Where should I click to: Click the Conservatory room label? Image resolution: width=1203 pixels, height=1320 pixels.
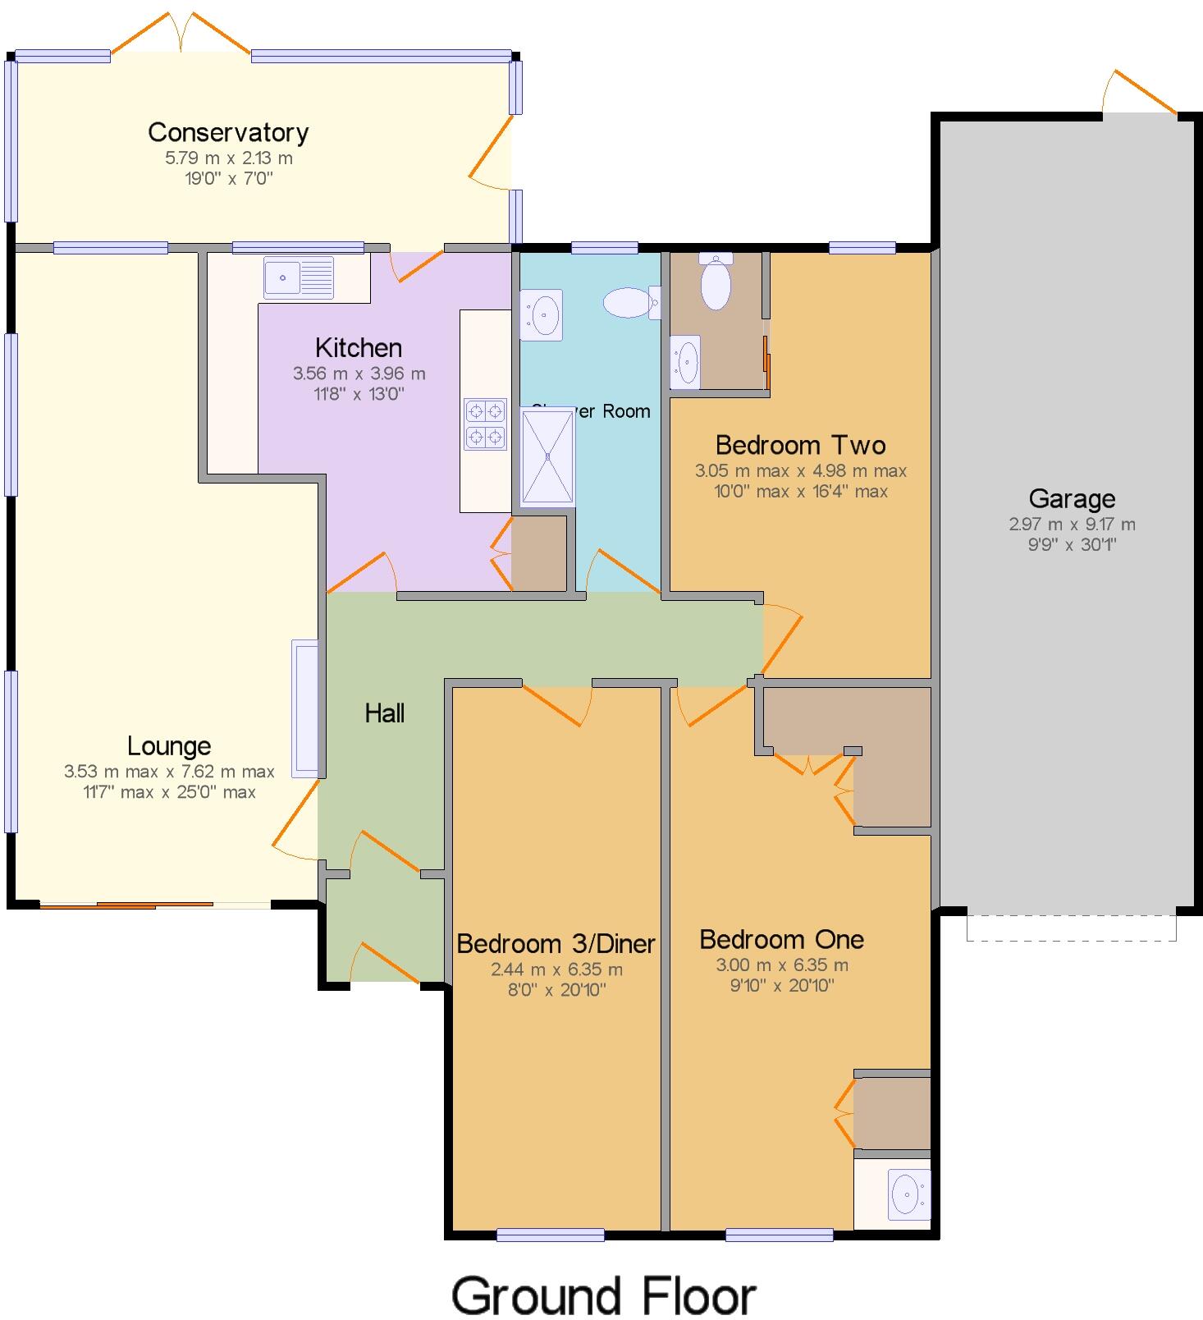228,132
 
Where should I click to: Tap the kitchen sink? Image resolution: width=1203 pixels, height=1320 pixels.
299,277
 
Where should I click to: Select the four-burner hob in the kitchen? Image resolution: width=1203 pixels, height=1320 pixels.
485,424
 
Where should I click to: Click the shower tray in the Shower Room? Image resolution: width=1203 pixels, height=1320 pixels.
547,456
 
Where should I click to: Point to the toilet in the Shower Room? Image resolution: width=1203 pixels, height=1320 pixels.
630,302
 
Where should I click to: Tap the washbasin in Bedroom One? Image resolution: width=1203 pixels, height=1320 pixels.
908,1194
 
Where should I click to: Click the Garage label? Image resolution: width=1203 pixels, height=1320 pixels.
1072,498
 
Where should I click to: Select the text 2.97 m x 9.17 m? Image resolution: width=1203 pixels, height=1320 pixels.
1072,525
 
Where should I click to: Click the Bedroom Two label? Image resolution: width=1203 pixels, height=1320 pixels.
800,445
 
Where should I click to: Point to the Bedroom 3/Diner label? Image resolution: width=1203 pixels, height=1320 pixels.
556,944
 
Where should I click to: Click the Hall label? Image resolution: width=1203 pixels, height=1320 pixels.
384,713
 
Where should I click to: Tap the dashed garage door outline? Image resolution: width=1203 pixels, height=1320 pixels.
1071,928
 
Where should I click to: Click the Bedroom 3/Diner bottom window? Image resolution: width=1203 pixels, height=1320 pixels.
551,1235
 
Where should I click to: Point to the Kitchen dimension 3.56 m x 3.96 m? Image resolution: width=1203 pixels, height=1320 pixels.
359,374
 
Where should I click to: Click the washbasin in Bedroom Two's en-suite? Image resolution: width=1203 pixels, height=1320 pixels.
685,361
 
